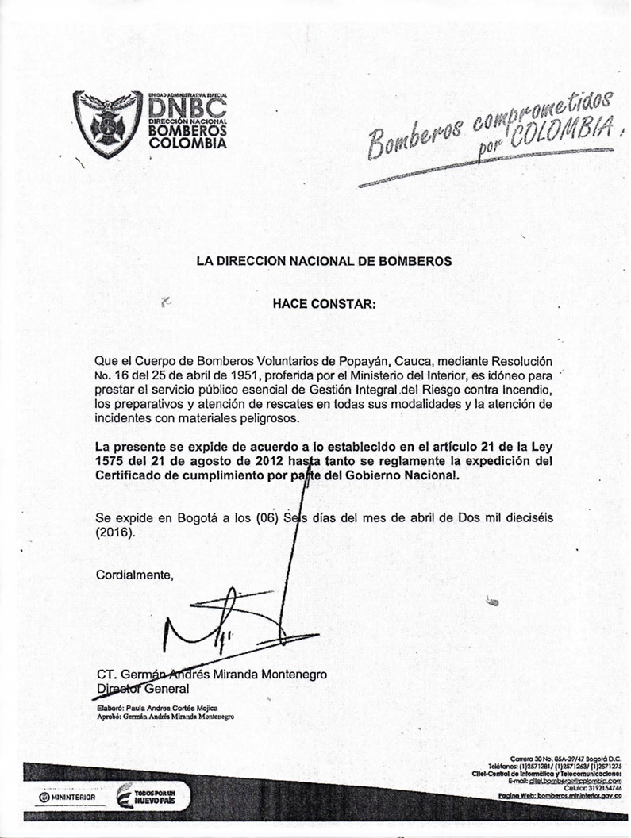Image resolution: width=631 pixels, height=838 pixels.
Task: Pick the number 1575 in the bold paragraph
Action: (x=111, y=461)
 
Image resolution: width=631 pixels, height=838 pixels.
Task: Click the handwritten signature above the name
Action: (x=222, y=627)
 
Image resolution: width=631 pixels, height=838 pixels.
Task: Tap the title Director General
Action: (x=142, y=689)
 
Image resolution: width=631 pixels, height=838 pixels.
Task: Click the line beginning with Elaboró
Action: (x=156, y=707)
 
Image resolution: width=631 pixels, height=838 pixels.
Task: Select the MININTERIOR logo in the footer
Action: (x=67, y=797)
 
